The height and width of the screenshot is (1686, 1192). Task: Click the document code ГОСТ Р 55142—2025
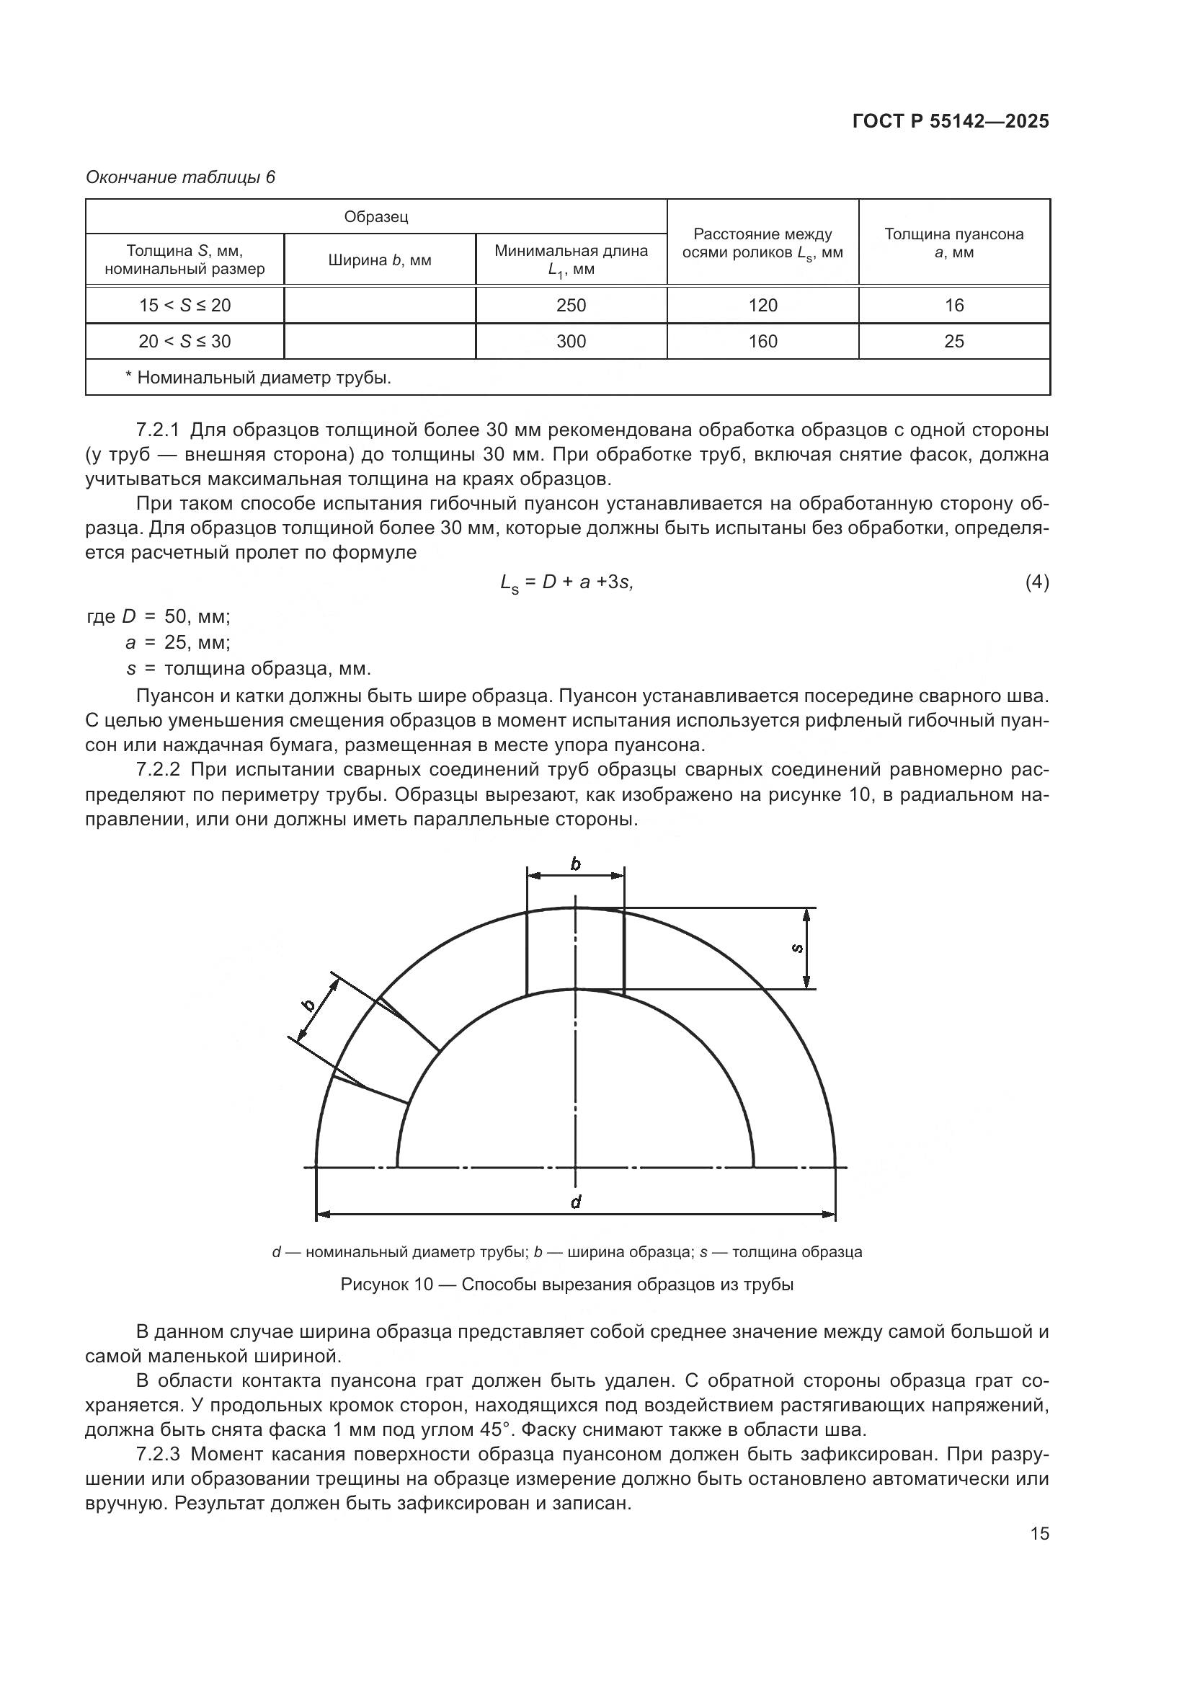coord(951,122)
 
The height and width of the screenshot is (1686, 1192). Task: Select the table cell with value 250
coord(571,306)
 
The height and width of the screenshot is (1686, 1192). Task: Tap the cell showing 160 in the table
coord(762,342)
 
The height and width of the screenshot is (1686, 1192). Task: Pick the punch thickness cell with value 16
coord(954,306)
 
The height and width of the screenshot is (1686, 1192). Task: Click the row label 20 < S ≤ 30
coord(184,342)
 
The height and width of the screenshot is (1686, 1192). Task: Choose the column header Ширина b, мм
coord(380,260)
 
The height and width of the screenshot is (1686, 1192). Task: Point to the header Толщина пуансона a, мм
coord(953,243)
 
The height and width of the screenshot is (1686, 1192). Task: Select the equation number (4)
coord(1036,582)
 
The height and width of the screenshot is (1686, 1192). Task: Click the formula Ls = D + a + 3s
coord(566,583)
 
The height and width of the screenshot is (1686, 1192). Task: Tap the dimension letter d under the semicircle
coord(577,1202)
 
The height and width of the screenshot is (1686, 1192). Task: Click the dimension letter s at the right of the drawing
coord(798,949)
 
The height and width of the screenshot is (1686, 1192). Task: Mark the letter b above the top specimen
coord(575,864)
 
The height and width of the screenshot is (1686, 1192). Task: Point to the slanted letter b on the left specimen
coord(309,1006)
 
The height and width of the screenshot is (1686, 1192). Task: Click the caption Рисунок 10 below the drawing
coord(566,1285)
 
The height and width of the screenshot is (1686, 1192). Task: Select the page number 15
coord(1039,1533)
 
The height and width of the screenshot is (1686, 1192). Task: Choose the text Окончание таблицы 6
coord(180,177)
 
